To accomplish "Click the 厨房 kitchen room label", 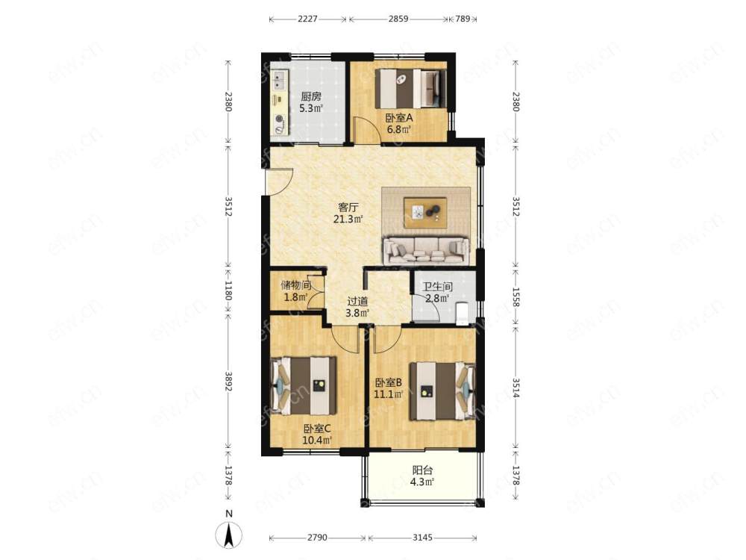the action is coord(310,96).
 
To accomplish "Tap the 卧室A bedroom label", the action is coord(398,118).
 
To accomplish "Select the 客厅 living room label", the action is coord(348,208).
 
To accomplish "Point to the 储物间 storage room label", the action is coord(296,285).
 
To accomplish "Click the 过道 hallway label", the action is coord(357,302).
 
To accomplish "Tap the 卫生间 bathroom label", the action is coord(438,287).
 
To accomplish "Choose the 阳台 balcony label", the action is coord(422,470).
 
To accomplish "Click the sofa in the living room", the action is coord(426,250).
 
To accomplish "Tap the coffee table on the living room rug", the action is coord(425,213).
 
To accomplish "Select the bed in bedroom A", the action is coord(411,89).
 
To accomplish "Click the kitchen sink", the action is coord(278,81).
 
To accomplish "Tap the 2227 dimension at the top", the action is coord(307,19).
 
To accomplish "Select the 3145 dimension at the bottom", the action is coord(422,538).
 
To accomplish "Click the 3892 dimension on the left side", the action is coord(228,382).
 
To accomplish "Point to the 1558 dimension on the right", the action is coord(515,297).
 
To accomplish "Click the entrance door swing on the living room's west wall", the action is coord(278,181).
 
